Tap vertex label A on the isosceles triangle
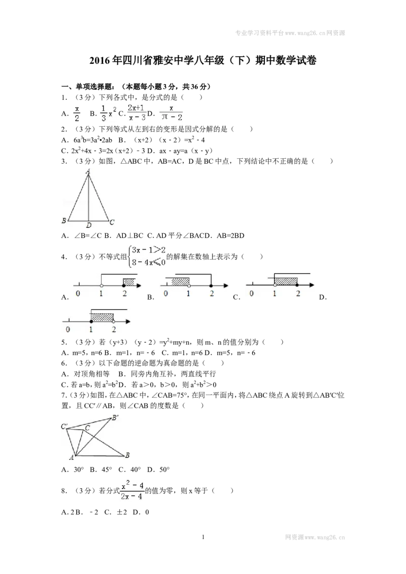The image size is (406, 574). [x=88, y=171]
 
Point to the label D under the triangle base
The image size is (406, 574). [x=89, y=226]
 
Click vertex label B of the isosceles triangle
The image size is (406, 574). [x=64, y=221]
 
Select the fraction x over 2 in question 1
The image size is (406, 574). [x=77, y=114]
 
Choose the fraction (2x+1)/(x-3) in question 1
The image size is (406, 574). [x=137, y=113]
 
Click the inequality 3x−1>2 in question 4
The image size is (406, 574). [x=149, y=250]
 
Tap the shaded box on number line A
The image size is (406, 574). [x=128, y=282]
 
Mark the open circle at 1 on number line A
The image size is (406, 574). [x=101, y=285]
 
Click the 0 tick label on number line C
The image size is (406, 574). [x=251, y=294]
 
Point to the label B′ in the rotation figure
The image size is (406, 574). [x=115, y=418]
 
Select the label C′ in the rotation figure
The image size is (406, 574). [x=64, y=426]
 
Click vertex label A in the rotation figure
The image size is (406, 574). [x=72, y=457]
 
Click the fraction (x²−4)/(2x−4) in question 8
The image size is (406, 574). [x=132, y=490]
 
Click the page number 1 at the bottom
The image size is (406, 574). [x=203, y=537]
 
